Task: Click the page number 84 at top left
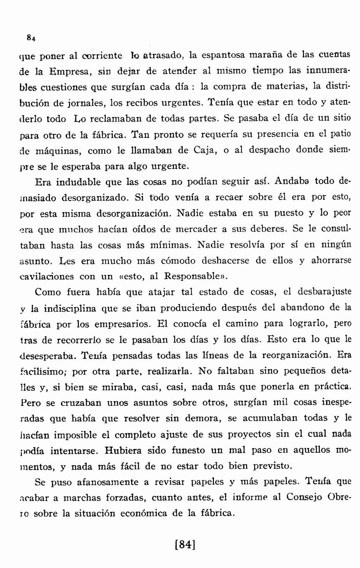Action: click(31, 38)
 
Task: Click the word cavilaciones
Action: click(47, 277)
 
